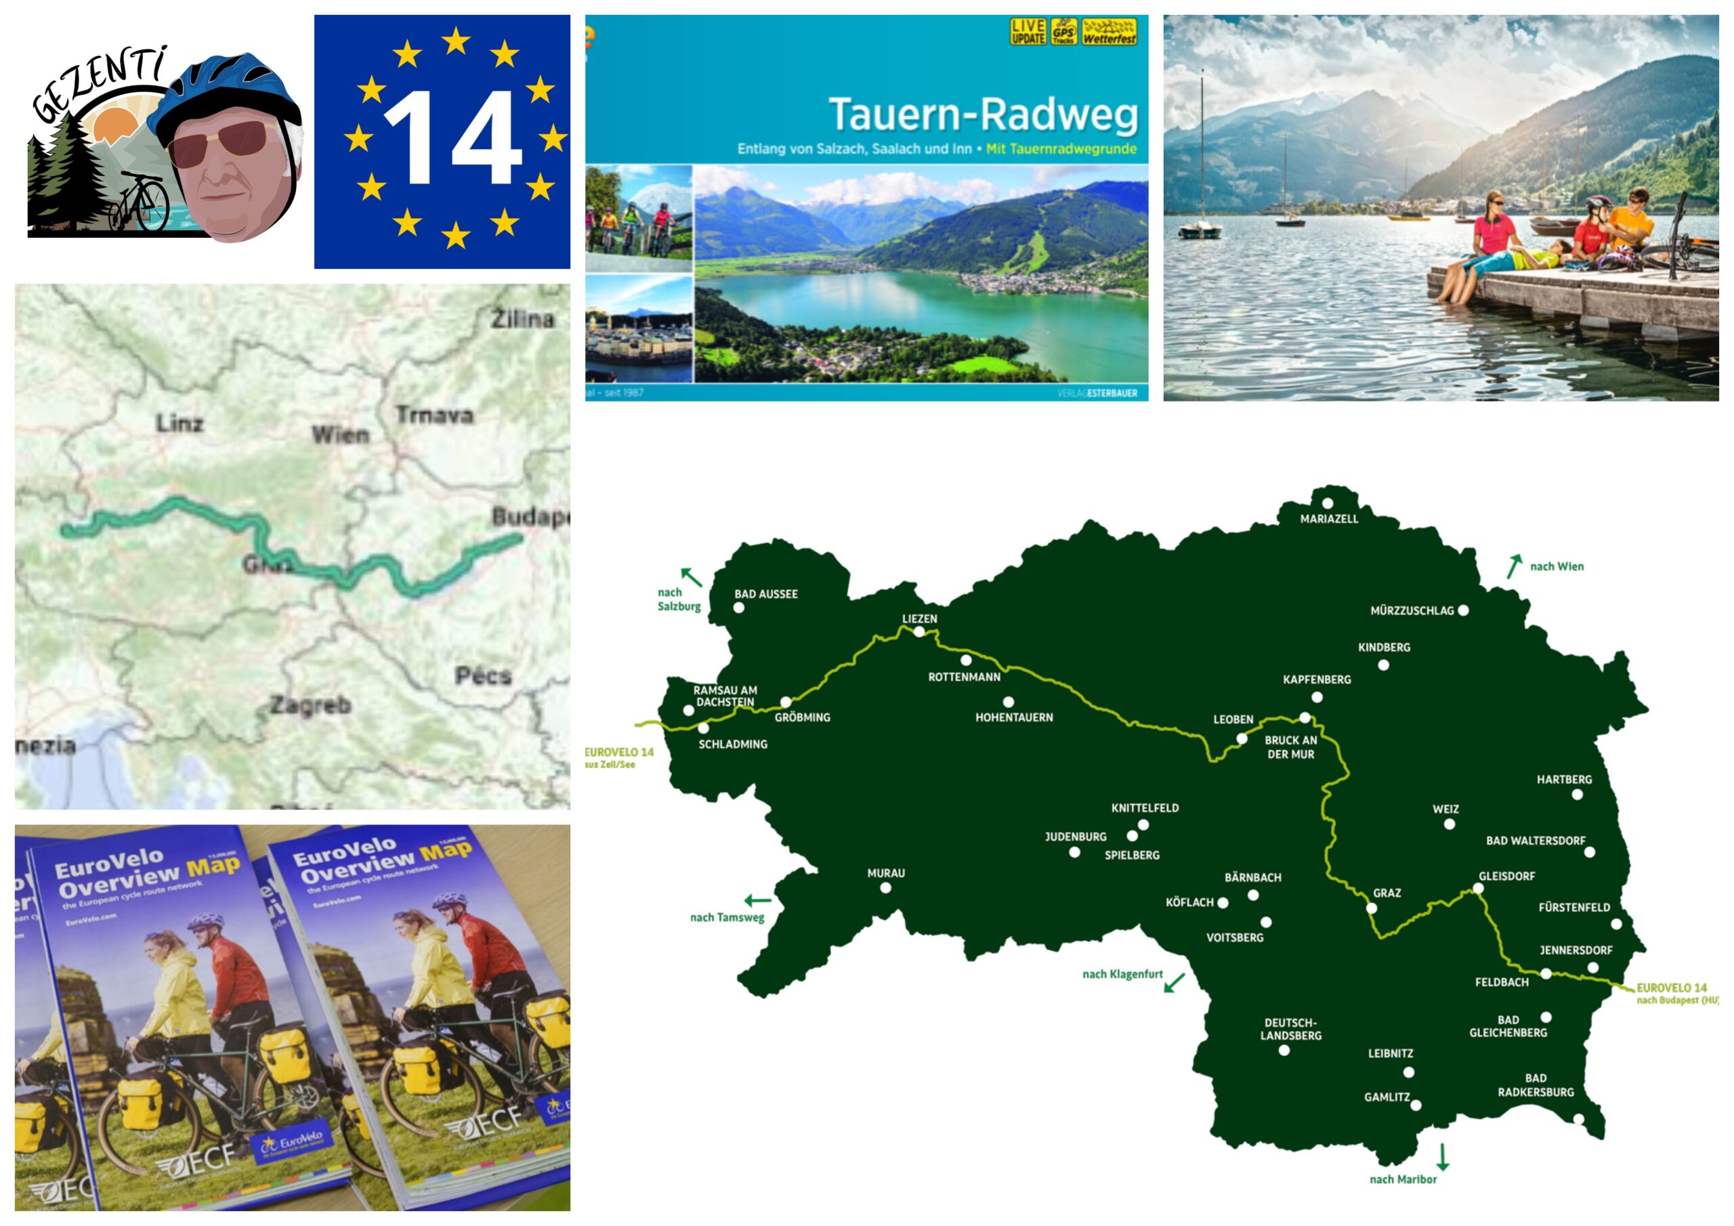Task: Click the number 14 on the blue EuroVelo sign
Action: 452,138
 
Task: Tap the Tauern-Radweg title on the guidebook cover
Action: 983,114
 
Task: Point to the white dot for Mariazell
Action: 1327,503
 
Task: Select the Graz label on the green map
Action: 1387,893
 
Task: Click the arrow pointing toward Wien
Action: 1513,566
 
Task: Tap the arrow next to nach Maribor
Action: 1443,1156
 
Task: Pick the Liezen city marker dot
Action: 919,632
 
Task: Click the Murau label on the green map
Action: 885,872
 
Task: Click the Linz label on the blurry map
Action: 179,423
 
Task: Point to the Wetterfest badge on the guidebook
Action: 1109,33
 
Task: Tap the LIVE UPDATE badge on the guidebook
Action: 1028,32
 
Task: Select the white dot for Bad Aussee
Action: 738,608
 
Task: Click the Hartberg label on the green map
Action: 1564,779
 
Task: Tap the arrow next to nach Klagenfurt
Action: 1175,983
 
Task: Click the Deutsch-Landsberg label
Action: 1291,1029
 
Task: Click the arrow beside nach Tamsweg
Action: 757,900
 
